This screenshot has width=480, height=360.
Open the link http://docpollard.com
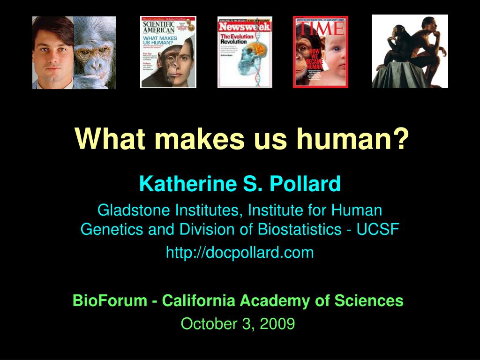(x=240, y=253)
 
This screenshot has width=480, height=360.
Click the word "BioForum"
(x=110, y=300)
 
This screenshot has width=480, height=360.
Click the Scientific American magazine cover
(x=168, y=52)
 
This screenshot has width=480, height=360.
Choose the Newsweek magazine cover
(x=245, y=52)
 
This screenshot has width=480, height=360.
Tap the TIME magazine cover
(x=321, y=52)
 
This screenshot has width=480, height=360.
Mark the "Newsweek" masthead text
(x=245, y=27)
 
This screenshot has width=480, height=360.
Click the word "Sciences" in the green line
(x=375, y=300)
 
